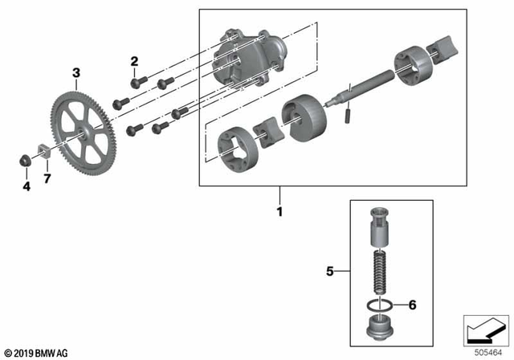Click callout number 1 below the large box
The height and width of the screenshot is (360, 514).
pos(280,214)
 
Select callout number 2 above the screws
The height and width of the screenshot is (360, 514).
pos(134,61)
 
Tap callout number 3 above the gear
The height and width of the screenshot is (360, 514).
pos(76,73)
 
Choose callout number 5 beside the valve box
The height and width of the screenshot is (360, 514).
pos(329,272)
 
